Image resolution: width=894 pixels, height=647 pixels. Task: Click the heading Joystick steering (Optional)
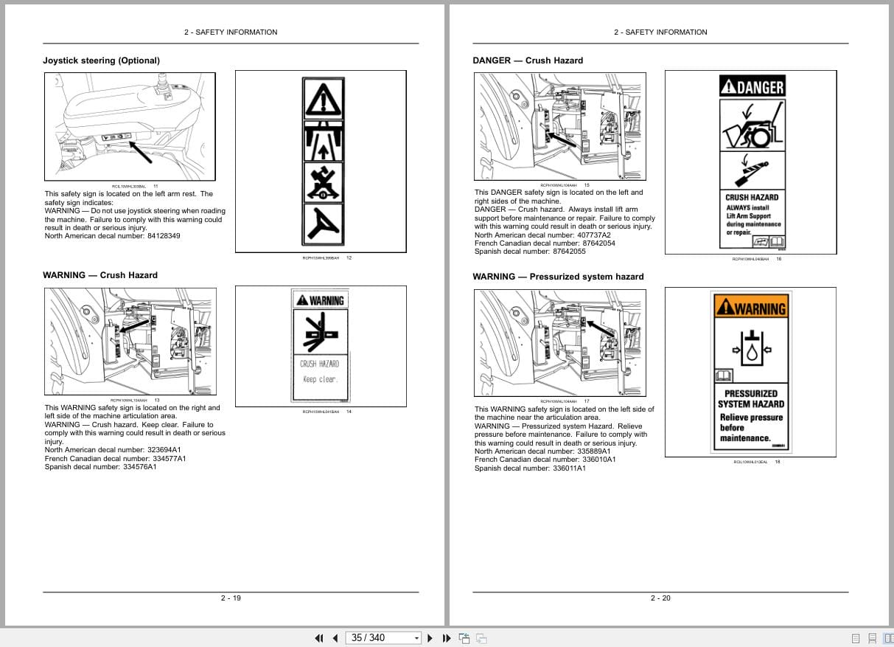[x=101, y=60]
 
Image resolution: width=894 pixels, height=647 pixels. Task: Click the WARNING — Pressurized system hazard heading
[x=558, y=277]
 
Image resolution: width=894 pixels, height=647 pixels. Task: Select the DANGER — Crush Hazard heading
[x=527, y=60]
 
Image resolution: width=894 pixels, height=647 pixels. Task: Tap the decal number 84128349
[x=164, y=236]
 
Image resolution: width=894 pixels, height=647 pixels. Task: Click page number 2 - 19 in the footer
[x=231, y=598]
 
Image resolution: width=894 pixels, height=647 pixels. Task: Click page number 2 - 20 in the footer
[x=660, y=598]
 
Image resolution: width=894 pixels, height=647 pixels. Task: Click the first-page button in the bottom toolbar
[x=319, y=638]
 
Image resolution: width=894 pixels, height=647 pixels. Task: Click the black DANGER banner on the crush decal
[x=751, y=87]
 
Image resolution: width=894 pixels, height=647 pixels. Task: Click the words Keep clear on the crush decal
[x=320, y=379]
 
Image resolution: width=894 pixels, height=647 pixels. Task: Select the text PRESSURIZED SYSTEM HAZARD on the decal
[x=750, y=399]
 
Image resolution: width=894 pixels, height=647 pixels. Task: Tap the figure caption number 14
[x=349, y=412]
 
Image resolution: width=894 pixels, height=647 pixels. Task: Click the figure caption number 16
[x=778, y=259]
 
